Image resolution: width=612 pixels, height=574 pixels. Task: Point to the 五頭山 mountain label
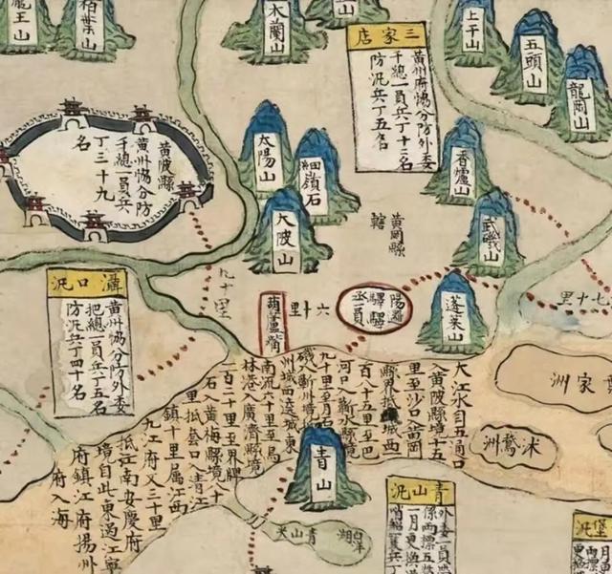tap(532, 67)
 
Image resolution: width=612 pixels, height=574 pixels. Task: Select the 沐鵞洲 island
tap(516, 448)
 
